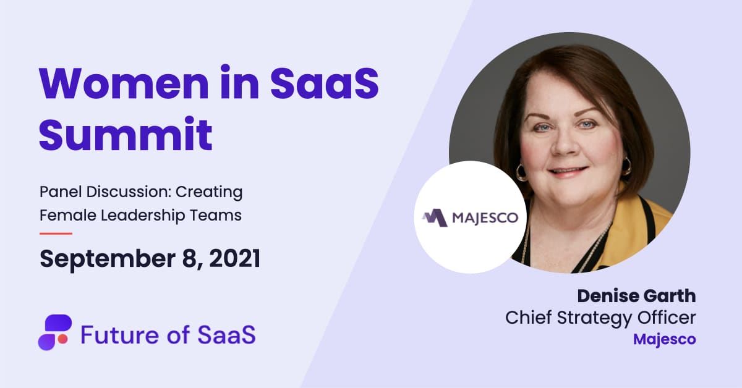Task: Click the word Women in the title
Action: [x=124, y=83]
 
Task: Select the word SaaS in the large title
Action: [x=325, y=83]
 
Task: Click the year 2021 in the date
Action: [x=235, y=258]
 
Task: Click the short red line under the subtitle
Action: [x=56, y=234]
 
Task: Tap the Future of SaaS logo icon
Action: [x=54, y=332]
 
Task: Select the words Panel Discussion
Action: [x=106, y=192]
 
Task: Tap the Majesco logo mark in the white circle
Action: [x=435, y=218]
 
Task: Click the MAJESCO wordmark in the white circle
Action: [x=485, y=218]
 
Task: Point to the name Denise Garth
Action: [x=636, y=297]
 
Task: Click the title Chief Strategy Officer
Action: [x=600, y=318]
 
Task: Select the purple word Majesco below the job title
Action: [x=665, y=340]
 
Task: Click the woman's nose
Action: [x=565, y=141]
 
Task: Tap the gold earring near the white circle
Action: [x=521, y=172]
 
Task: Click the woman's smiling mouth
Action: [x=567, y=172]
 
